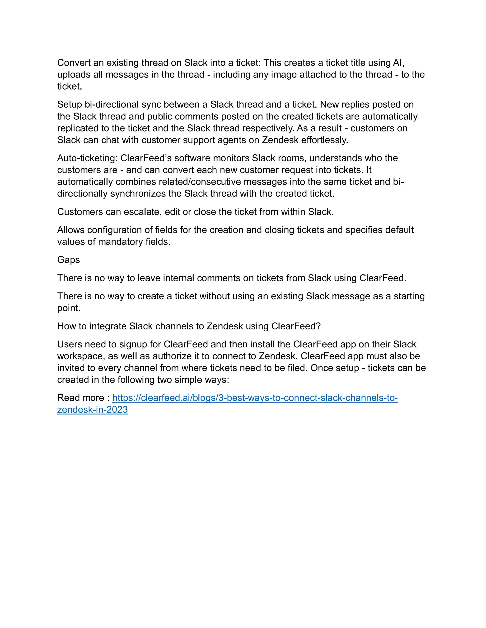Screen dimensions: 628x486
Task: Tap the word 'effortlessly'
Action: tap(324, 140)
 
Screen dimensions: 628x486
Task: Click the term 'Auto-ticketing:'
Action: tap(88, 158)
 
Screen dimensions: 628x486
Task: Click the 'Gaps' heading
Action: tap(69, 260)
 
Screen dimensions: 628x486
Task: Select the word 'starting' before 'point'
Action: tap(409, 296)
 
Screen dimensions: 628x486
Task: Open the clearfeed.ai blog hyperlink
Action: tap(255, 398)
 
